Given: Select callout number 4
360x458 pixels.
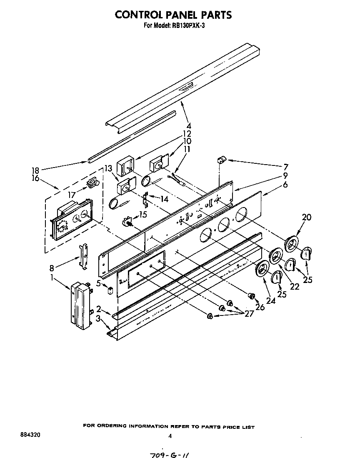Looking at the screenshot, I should click(189, 125).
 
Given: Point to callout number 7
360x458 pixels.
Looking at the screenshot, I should click(285, 166).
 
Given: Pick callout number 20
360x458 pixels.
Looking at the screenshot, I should click(307, 217).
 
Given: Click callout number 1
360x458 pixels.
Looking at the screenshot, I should click(52, 276).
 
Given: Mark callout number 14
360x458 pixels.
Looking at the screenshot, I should click(165, 199).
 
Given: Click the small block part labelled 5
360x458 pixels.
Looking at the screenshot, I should click(110, 290).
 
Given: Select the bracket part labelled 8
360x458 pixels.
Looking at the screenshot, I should click(84, 257).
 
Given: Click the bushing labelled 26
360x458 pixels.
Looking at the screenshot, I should click(252, 296).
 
